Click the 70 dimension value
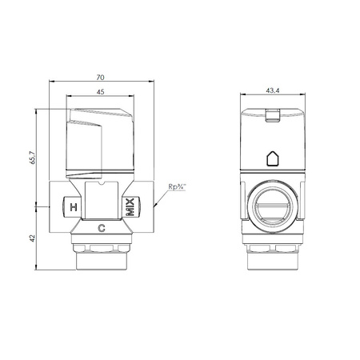click(100, 78)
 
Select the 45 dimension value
click(100, 92)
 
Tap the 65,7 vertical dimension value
click(32, 158)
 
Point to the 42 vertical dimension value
click(32, 238)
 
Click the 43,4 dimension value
click(273, 90)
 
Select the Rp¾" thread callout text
click(177, 186)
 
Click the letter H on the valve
click(74, 207)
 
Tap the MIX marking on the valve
click(130, 207)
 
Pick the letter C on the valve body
click(102, 228)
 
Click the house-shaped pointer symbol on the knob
click(273, 158)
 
